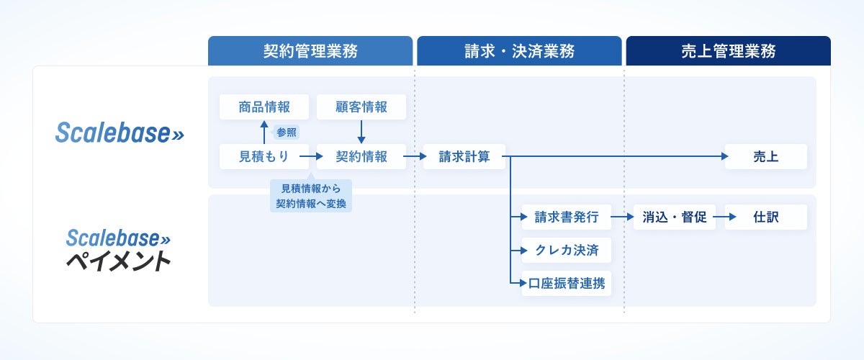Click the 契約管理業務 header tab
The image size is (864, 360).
310,51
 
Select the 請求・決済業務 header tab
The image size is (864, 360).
519,51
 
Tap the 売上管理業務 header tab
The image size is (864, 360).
728,51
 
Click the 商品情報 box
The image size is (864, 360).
264,107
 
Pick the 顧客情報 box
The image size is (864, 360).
361,107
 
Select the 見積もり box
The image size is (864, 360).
264,156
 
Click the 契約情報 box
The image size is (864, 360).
361,156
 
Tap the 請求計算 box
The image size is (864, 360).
464,156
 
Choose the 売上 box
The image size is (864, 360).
765,156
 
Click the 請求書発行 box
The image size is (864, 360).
566,217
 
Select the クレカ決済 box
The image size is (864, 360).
566,251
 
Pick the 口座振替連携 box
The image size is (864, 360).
566,284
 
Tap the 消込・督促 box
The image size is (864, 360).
674,217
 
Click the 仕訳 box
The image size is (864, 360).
765,217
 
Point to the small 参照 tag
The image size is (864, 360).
286,132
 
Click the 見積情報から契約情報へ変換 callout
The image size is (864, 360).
311,196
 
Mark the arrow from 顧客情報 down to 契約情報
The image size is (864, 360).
361,131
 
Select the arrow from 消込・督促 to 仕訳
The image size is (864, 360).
720,217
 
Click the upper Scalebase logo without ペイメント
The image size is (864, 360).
120,132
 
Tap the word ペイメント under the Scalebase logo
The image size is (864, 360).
119,261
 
